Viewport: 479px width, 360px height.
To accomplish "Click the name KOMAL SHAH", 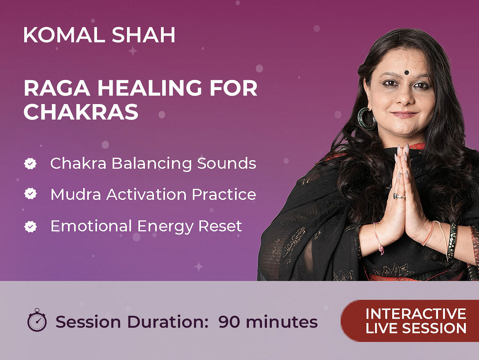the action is click(99, 35).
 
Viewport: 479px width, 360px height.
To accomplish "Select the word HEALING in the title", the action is click(149, 88).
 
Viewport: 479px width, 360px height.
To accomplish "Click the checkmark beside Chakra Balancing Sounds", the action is click(30, 163).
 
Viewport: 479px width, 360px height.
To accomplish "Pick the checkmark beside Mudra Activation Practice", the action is click(30, 194).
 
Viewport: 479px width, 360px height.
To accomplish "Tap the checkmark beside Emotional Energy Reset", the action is click(30, 226).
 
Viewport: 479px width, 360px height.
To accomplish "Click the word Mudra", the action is click(76, 195).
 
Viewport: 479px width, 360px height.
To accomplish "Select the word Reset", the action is click(220, 226).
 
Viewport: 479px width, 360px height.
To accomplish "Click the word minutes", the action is click(282, 322).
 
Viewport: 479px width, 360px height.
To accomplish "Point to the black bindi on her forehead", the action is click(406, 72).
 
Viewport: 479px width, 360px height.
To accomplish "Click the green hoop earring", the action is click(366, 118).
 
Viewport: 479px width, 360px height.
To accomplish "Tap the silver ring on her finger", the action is click(399, 196).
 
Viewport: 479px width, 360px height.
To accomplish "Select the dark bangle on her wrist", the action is click(452, 240).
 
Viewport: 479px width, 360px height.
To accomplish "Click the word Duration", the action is click(168, 322).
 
